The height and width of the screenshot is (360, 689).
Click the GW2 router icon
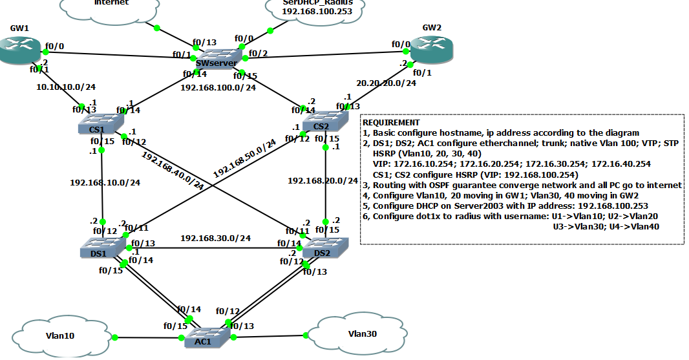pos(429,50)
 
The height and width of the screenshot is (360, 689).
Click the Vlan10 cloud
pos(59,335)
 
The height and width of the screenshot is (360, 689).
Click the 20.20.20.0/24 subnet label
pos(386,83)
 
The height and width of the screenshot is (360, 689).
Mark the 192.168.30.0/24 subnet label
pos(215,238)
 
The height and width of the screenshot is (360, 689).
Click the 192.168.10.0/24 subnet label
pos(105,182)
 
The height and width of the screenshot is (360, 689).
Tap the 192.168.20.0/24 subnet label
pos(323,181)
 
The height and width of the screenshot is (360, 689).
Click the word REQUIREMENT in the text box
pos(391,122)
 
